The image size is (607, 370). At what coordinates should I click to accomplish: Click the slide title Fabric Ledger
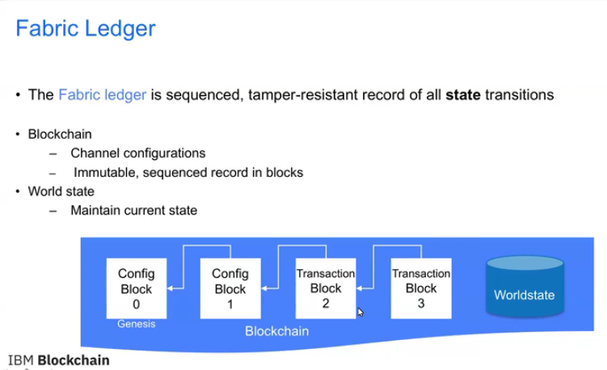coord(86,29)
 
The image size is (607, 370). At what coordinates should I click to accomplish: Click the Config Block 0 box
coord(136,288)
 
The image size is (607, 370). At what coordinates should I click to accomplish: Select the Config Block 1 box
coord(230,288)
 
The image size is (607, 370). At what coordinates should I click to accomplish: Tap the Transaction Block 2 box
coord(326,288)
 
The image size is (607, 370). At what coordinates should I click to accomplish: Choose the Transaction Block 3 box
coord(421,288)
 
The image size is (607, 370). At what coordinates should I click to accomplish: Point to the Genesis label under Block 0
coord(135,325)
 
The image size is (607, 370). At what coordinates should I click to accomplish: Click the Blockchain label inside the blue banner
coord(276,331)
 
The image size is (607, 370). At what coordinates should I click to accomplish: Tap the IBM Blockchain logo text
coord(58,360)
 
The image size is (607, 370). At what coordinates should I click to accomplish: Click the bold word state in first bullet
coord(463,95)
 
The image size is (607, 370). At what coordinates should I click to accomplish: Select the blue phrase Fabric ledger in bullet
coord(102,95)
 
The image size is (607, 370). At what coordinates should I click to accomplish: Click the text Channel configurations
coord(137,153)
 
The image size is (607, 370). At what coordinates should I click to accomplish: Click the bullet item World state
coord(61,191)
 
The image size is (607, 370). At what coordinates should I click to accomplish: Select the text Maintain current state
coord(133,211)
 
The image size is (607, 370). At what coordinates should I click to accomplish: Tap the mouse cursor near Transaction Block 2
coord(360,312)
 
